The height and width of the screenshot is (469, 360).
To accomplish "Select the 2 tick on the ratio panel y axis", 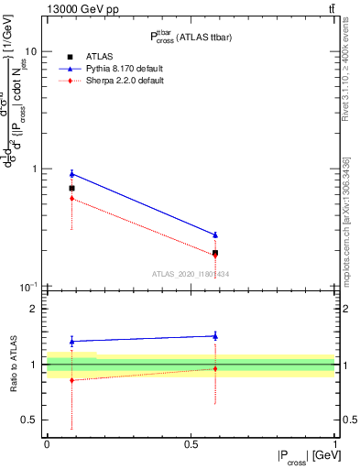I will point(33,310).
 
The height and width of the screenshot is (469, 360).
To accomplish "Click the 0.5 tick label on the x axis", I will point(191,442).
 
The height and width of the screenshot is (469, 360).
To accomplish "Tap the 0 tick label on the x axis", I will point(47,442).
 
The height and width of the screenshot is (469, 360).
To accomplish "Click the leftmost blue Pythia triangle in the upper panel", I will point(71,173).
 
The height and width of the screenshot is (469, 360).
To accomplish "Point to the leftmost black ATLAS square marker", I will point(71,188).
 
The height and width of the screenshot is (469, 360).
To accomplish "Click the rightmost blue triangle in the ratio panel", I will point(215,336).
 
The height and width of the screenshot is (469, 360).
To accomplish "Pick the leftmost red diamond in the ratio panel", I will point(71,380).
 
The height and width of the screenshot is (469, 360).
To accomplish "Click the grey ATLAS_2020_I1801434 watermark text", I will point(191,274).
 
